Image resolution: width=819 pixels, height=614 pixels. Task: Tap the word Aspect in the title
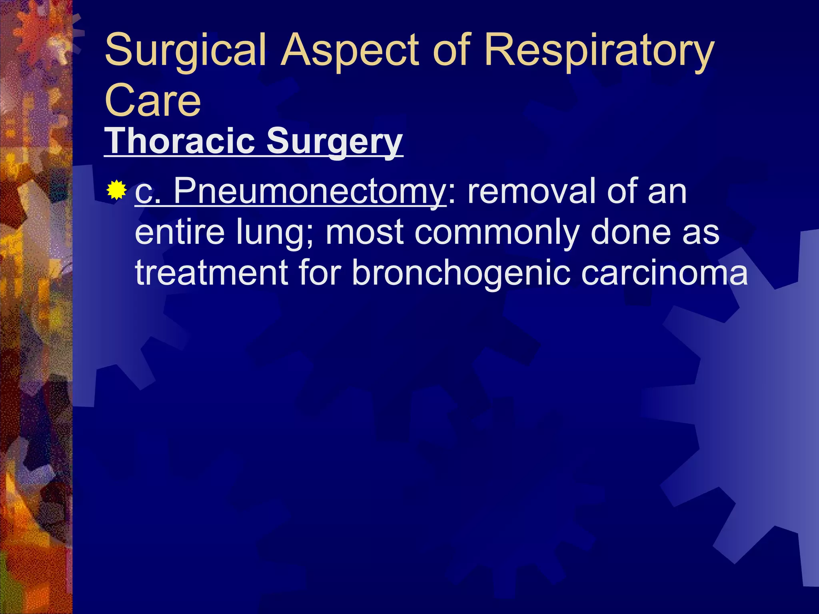point(350,51)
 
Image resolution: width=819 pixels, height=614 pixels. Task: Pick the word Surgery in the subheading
point(334,142)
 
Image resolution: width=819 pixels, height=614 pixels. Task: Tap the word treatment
point(212,273)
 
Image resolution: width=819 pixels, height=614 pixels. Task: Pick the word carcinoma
point(664,273)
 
